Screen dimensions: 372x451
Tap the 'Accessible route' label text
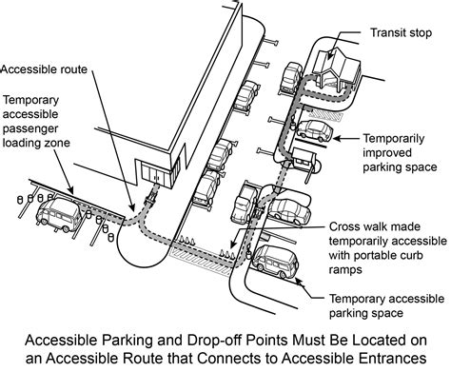coord(42,69)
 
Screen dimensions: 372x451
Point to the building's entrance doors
coord(151,172)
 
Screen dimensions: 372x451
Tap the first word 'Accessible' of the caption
coord(68,340)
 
